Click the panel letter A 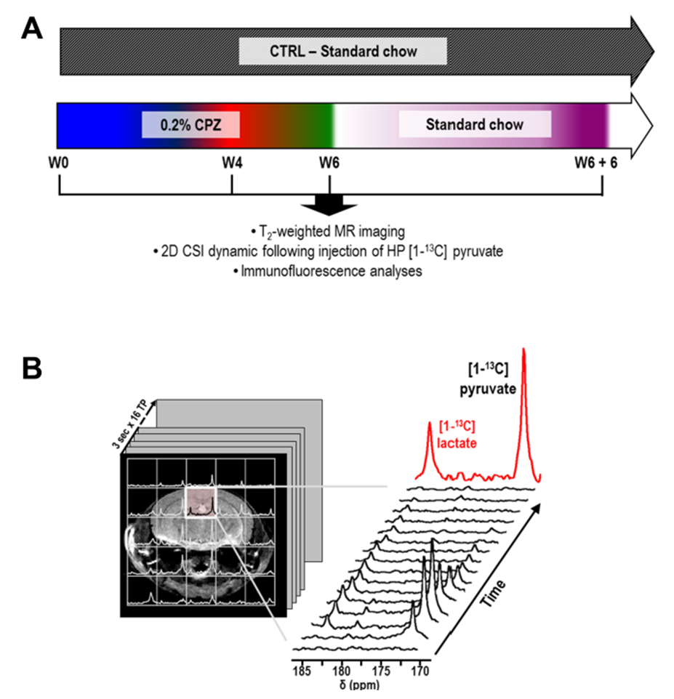32,28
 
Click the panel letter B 32,368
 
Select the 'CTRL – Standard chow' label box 342,52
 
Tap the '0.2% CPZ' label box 190,124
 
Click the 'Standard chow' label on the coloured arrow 475,124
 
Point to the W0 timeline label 59,163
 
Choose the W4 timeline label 232,163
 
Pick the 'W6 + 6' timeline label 596,163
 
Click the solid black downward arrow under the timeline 329,206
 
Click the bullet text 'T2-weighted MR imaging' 328,232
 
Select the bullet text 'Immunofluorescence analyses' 328,271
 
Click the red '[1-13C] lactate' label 457,435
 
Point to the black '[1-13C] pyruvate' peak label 488,379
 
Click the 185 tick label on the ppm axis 302,671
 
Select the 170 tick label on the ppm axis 420,671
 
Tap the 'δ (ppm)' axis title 359,684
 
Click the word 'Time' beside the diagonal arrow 493,594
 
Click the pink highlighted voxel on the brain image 201,502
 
